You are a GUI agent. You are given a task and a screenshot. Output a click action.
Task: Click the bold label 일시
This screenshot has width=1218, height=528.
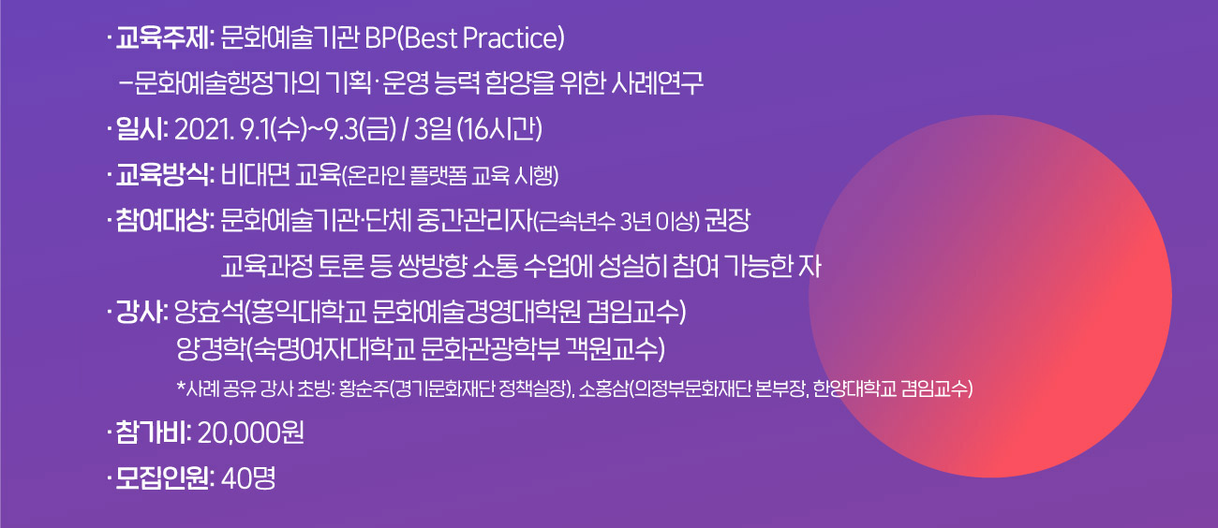(139, 130)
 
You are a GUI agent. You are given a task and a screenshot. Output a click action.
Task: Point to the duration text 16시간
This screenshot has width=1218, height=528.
(500, 130)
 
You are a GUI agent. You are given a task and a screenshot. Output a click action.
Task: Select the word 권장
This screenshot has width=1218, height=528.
(728, 221)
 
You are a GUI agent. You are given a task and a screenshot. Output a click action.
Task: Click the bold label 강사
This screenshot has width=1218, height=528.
(139, 313)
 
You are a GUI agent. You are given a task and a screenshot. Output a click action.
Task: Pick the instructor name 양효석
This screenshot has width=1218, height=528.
(209, 313)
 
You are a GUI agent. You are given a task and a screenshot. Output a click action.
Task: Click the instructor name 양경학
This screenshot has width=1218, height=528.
(211, 349)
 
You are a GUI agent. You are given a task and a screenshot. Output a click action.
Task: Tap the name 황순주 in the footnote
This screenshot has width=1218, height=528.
(364, 389)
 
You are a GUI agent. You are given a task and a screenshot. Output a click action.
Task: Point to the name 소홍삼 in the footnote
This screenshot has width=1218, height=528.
(603, 389)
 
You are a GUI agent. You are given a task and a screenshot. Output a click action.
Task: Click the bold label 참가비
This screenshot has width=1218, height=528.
(150, 433)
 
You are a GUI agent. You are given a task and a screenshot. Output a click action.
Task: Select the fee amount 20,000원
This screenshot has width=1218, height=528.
(251, 433)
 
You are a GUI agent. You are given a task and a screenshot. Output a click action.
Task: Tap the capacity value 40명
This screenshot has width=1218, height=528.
(248, 478)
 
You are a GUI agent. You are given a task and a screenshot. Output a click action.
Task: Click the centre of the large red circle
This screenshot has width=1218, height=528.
(990, 297)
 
